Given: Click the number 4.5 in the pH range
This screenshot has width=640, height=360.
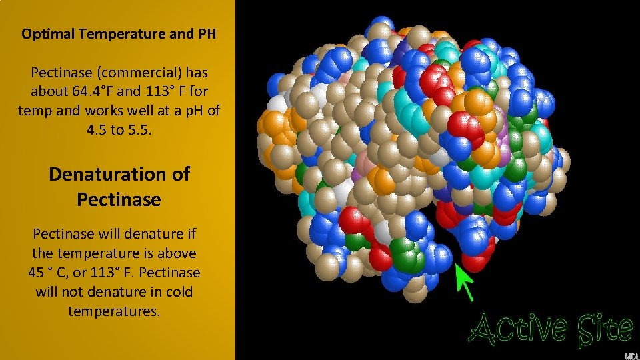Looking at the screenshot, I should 98,130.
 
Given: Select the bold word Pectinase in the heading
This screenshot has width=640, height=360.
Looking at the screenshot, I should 119,199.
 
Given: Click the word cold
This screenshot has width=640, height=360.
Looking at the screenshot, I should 181,292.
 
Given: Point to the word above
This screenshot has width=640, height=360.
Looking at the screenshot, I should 178,253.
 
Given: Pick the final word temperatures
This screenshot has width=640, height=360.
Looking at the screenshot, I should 115,311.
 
